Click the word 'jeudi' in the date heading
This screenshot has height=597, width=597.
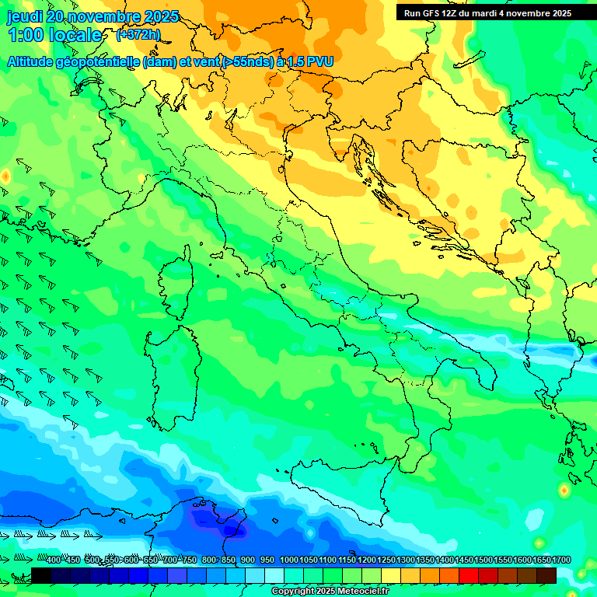click(x=25, y=16)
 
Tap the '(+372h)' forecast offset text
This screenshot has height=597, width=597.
click(x=138, y=34)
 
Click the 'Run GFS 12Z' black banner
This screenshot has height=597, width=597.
click(x=487, y=13)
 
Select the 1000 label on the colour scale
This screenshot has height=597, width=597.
click(x=288, y=560)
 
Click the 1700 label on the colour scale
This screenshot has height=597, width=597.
click(x=541, y=560)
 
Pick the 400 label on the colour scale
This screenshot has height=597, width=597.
click(x=54, y=560)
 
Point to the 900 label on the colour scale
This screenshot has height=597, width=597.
click(x=248, y=560)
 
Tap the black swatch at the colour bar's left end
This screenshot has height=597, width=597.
click(x=41, y=575)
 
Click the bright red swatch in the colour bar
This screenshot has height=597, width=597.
click(x=469, y=575)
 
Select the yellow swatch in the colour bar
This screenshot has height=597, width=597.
click(x=391, y=575)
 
